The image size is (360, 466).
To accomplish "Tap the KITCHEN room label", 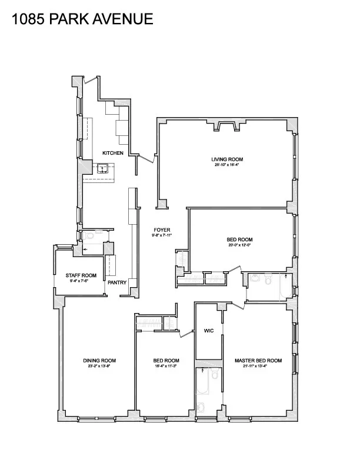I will (x=113, y=153).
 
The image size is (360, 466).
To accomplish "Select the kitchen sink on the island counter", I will (x=104, y=169).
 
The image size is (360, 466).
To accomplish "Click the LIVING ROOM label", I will (x=227, y=159).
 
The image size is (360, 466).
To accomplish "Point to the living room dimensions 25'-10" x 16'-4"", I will (x=227, y=165).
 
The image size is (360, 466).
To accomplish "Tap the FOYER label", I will (x=162, y=230).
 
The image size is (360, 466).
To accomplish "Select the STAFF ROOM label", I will (x=81, y=275).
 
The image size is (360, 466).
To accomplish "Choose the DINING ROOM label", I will (x=99, y=361).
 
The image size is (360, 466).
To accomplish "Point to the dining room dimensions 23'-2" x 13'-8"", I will (x=99, y=367).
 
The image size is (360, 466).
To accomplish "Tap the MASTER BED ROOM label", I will (x=258, y=361).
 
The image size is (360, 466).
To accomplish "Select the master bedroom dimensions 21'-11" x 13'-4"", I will (x=258, y=367).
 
